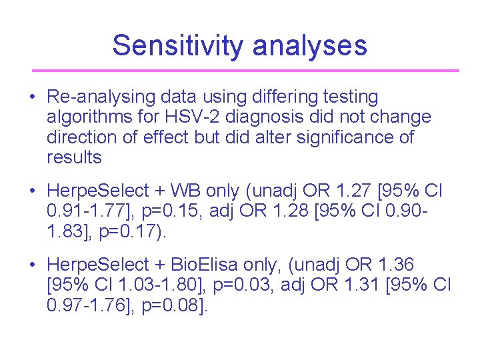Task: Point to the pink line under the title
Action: (246, 70)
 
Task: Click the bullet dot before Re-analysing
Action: (32, 97)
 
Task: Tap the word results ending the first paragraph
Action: (74, 157)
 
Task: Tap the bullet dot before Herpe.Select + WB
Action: (32, 191)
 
